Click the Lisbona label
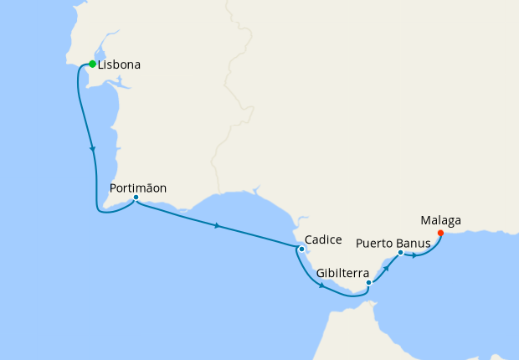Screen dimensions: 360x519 coord(119,64)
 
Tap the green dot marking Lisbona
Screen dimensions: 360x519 coord(92,64)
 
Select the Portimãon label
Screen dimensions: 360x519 coord(138,188)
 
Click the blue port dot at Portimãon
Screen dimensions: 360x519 coord(136,198)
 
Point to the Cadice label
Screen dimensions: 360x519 coord(323,239)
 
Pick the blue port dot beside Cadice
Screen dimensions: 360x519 coord(301,248)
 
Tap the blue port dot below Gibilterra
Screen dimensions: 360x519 coord(368,283)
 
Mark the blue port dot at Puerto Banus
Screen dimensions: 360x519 coord(400,252)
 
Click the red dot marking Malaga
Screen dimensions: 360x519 coord(440,233)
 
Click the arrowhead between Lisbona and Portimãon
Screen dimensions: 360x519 coord(92,148)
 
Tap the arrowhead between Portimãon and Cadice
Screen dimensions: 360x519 coord(218,226)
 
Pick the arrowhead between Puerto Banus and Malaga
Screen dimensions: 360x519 coord(415,255)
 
